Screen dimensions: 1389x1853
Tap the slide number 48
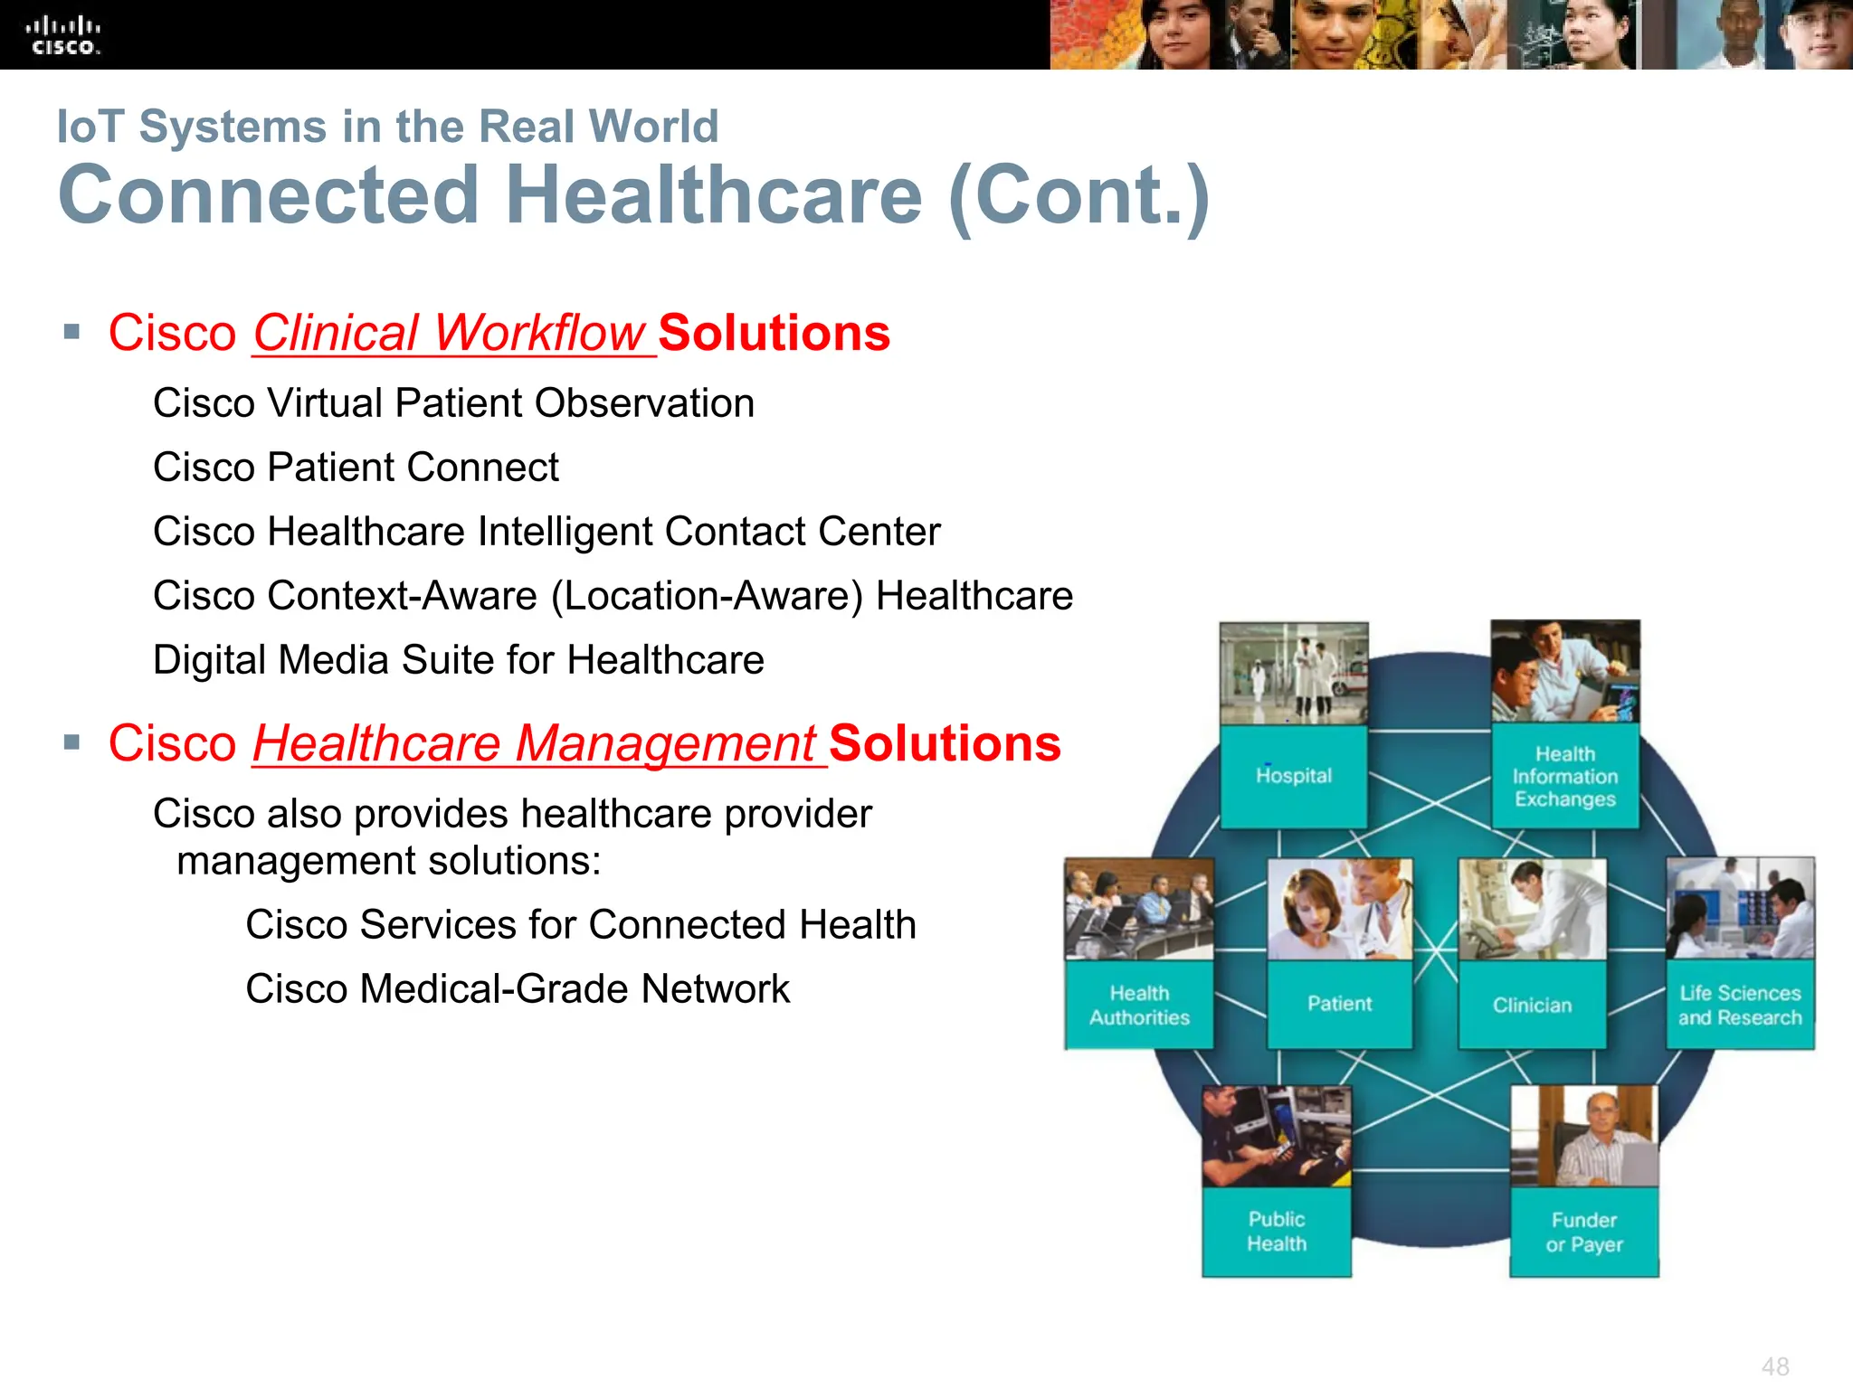[x=1775, y=1365]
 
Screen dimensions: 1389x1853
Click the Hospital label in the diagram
[x=1294, y=776]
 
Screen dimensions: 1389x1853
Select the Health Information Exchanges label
[x=1565, y=777]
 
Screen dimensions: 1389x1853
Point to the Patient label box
[x=1339, y=1004]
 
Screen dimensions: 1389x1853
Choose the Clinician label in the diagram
[x=1532, y=1005]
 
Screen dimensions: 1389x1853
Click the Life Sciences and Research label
[x=1740, y=1005]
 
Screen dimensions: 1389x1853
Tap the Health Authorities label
[x=1139, y=1006]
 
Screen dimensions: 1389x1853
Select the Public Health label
[x=1277, y=1231]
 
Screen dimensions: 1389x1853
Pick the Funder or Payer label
[x=1584, y=1232]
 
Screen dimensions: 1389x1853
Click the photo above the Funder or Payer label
[x=1584, y=1136]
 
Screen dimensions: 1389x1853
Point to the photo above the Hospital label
[x=1294, y=673]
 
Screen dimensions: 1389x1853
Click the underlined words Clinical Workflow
[x=449, y=333]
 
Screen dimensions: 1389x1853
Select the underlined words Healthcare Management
[x=535, y=743]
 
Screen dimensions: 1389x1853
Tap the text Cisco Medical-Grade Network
[x=518, y=989]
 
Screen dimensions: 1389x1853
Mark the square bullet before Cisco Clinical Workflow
[x=72, y=332]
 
